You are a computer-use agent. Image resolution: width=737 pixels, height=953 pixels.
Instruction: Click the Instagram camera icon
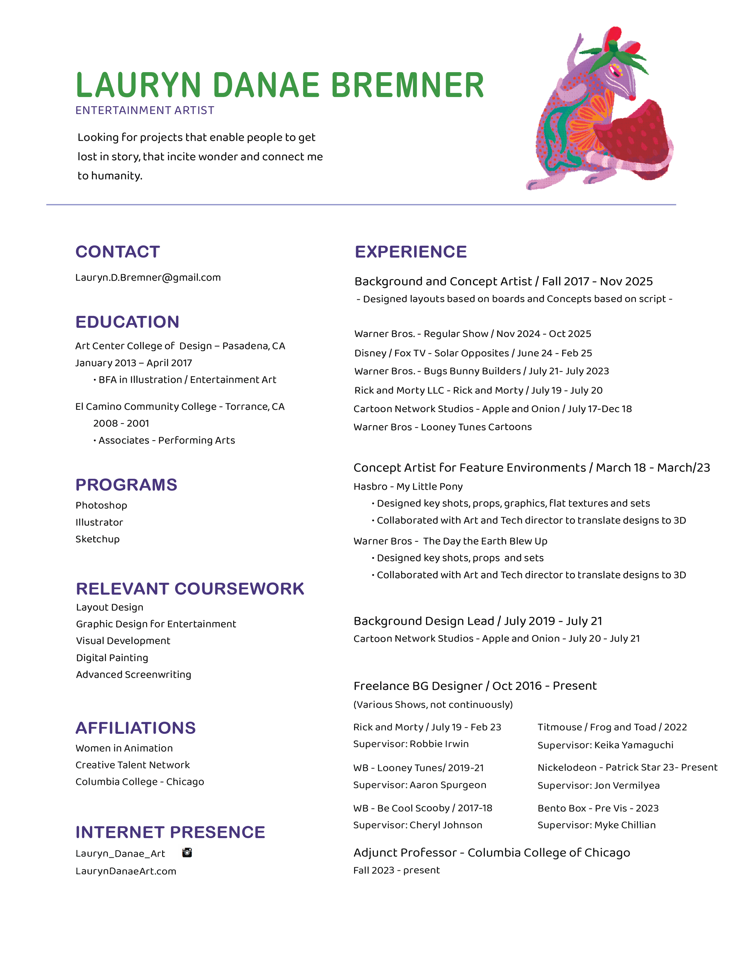click(x=187, y=853)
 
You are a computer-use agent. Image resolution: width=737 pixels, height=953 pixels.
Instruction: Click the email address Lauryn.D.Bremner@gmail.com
click(x=148, y=278)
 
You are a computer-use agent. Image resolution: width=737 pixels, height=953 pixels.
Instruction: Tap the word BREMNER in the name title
click(x=407, y=85)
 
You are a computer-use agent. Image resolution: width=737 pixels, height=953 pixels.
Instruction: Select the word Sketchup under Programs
click(x=97, y=539)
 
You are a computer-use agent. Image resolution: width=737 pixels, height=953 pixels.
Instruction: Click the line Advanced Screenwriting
click(x=134, y=675)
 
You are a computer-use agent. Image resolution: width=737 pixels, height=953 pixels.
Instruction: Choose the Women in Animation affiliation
click(x=124, y=748)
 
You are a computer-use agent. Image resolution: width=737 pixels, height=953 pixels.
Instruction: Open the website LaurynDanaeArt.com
click(x=126, y=871)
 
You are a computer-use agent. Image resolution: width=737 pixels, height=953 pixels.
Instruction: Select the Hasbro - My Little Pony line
click(x=408, y=487)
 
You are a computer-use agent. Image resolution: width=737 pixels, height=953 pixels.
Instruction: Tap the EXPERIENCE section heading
click(x=410, y=252)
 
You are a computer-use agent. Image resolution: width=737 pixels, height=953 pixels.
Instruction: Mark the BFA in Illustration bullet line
click(x=187, y=380)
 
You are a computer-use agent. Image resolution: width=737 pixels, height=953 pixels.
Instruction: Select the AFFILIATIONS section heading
click(x=135, y=728)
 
